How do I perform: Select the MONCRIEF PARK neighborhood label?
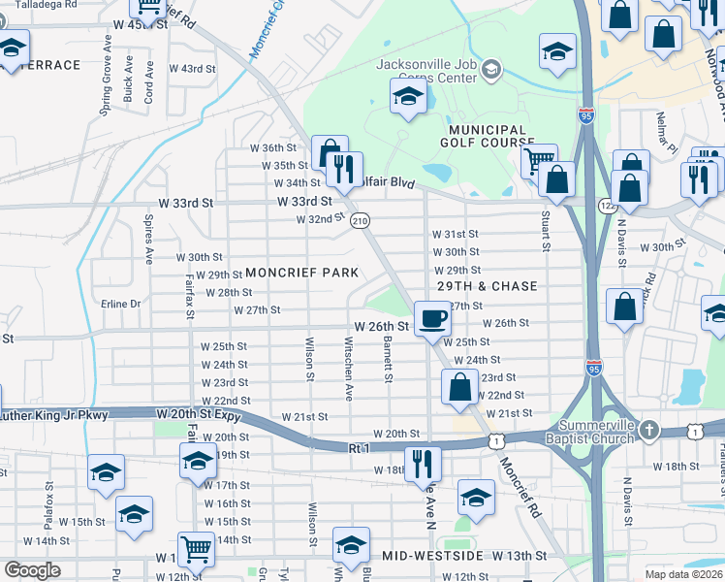tap(302, 273)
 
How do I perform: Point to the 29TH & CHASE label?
tap(487, 287)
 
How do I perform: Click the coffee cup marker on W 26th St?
tap(433, 318)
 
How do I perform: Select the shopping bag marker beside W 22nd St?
tap(460, 388)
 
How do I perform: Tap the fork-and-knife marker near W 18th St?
tap(422, 463)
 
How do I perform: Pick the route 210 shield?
tap(360, 221)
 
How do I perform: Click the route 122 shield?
tap(608, 206)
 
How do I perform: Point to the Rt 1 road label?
tap(359, 448)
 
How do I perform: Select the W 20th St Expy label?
tap(198, 414)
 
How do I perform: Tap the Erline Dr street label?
tap(121, 304)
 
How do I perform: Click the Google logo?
tap(32, 570)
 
